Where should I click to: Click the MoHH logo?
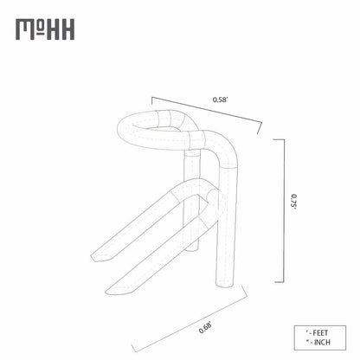pyautogui.click(x=45, y=29)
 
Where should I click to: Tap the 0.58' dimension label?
pyautogui.click(x=221, y=100)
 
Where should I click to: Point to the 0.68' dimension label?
pyautogui.click(x=206, y=328)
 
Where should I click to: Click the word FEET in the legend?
pyautogui.click(x=320, y=333)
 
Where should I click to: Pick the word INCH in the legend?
pyautogui.click(x=322, y=343)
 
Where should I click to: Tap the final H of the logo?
pyautogui.click(x=67, y=29)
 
